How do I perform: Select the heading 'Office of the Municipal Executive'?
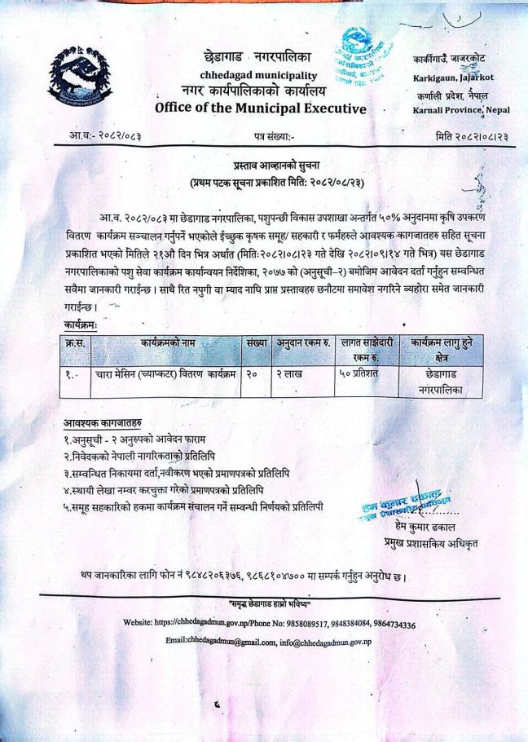260,108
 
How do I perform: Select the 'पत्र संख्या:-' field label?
275,137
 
